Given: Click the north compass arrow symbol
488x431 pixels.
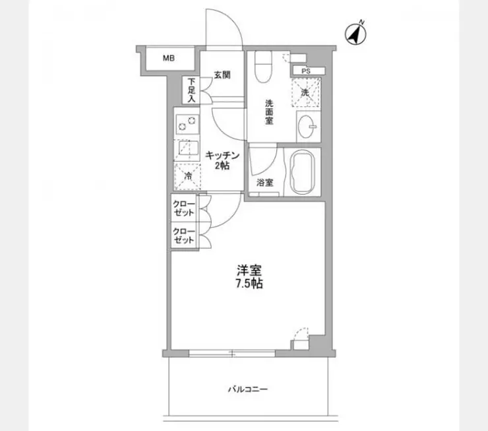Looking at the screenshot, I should point(357,33).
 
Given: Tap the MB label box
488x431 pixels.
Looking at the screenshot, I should point(169,58).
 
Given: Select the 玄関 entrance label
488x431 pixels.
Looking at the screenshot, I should point(222,75).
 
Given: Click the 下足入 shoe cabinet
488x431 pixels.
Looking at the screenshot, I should point(191,89).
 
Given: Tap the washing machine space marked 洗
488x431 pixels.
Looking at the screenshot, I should point(305,92).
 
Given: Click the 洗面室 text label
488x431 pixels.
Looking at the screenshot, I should point(270,112).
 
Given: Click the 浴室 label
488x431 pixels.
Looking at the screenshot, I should point(265,183).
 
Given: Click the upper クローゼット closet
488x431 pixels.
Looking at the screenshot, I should point(184,209).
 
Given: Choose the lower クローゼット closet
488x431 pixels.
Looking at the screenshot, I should point(184,236).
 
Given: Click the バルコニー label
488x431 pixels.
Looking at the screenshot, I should point(249,389).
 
